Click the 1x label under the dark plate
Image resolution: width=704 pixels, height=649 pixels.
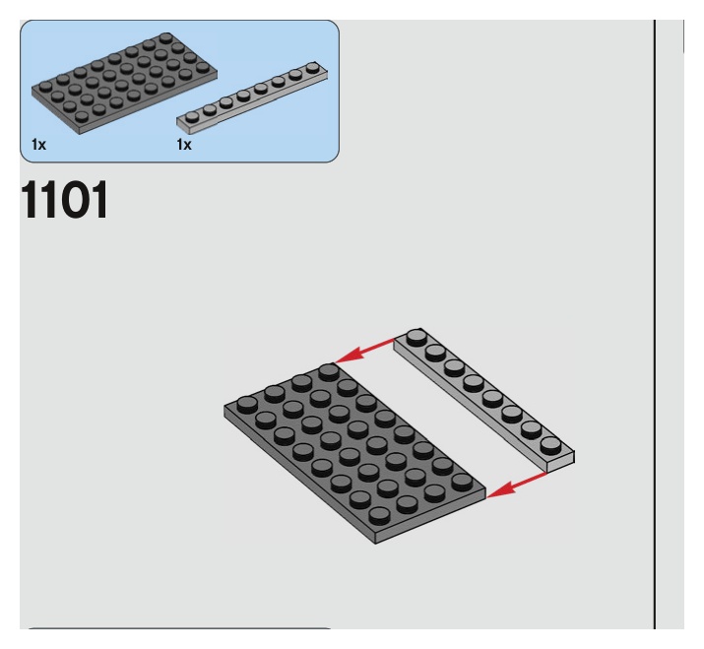pyautogui.click(x=37, y=145)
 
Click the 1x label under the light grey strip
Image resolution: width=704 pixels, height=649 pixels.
pyautogui.click(x=184, y=145)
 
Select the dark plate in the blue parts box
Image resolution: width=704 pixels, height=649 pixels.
pyautogui.click(x=128, y=84)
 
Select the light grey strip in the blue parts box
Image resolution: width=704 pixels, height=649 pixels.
pyautogui.click(x=254, y=98)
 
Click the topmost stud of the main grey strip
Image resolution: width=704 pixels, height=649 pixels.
pyautogui.click(x=416, y=336)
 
